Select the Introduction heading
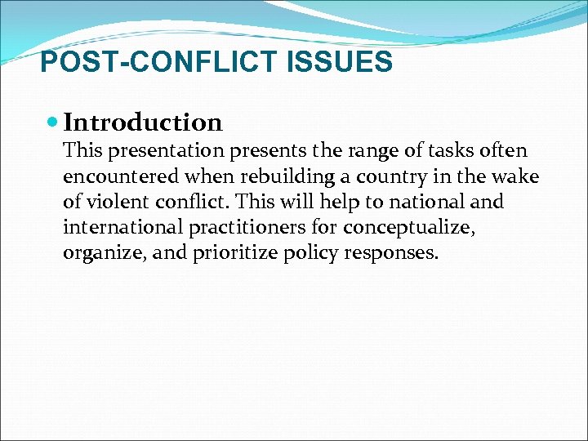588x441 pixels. pos(143,122)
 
